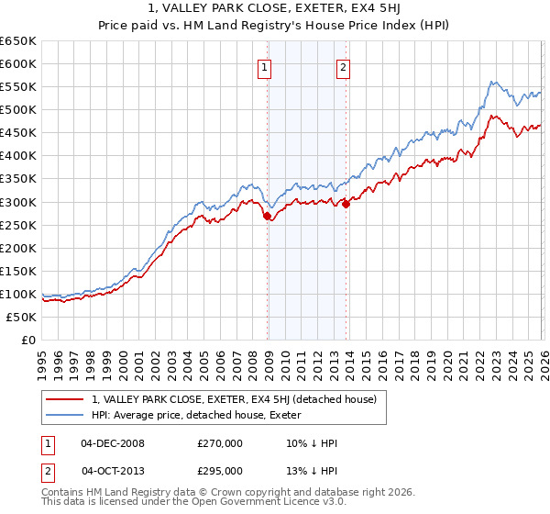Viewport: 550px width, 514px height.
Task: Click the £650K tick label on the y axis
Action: (18, 41)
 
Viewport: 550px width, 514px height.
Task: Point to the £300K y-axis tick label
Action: (18, 202)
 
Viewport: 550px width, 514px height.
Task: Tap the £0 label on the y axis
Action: (27, 340)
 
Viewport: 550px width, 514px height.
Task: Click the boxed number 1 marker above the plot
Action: (264, 66)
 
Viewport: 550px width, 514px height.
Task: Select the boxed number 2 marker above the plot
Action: (343, 66)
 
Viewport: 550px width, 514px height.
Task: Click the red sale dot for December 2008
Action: (268, 217)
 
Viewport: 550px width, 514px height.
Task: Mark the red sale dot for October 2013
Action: (346, 205)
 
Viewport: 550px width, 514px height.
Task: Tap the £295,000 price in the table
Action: (220, 470)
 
